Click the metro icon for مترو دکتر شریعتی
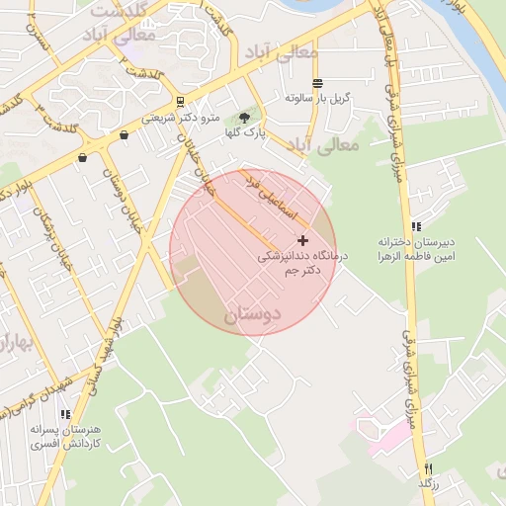pos(179,101)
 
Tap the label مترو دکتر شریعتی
pos(179,117)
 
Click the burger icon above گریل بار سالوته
pos(316,83)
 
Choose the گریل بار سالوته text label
pos(315,99)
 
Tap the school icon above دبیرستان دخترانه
pos(416,226)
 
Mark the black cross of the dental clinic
pos(302,240)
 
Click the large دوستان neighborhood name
pos(252,315)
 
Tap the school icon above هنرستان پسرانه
pos(65,415)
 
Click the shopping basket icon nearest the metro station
pos(124,135)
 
